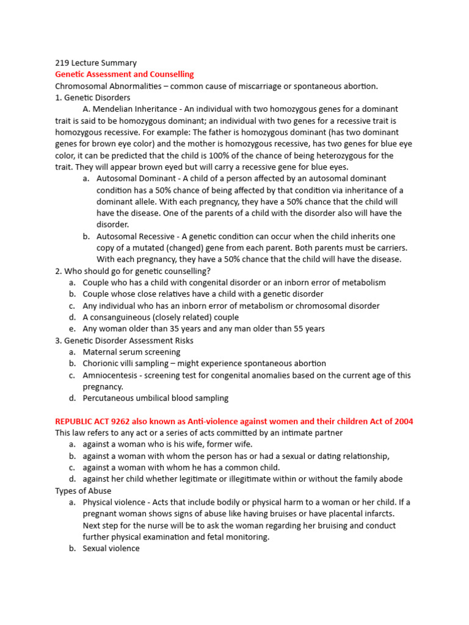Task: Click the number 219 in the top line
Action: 62,63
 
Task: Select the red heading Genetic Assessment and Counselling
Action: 124,74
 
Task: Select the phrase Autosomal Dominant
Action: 134,178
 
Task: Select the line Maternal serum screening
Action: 131,352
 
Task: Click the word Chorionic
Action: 103,364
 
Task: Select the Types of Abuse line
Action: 83,491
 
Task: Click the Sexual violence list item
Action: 111,549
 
